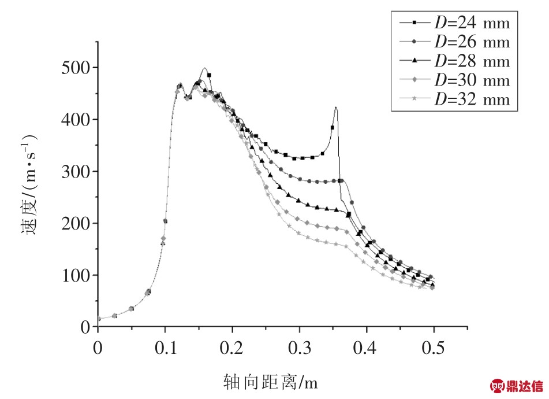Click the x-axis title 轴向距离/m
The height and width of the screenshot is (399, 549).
[271, 382]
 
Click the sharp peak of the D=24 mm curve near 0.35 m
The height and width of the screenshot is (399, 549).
[335, 108]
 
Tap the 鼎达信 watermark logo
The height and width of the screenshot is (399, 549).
[517, 386]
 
